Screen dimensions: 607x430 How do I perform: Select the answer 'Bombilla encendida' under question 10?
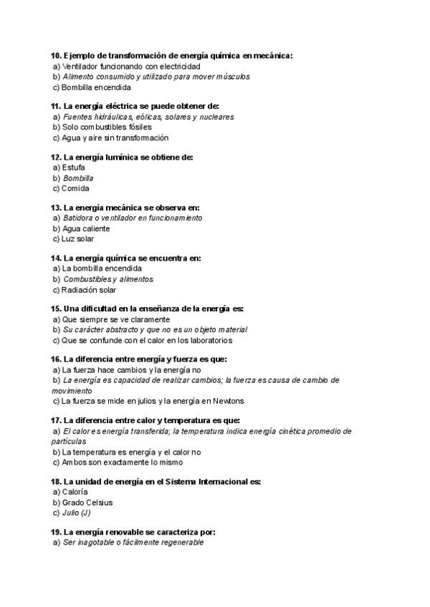(x=96, y=87)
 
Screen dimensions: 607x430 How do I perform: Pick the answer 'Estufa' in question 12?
(x=74, y=167)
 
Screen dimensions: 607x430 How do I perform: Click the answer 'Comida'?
(x=75, y=188)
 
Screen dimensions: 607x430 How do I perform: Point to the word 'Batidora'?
(x=78, y=218)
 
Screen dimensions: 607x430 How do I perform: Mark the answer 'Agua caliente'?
(x=86, y=228)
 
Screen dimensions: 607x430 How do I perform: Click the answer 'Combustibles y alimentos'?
(x=108, y=279)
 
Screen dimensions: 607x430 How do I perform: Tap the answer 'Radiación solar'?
(x=89, y=290)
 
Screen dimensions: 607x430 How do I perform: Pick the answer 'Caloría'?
(x=75, y=492)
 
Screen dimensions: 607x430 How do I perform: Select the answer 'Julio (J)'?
(x=77, y=513)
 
